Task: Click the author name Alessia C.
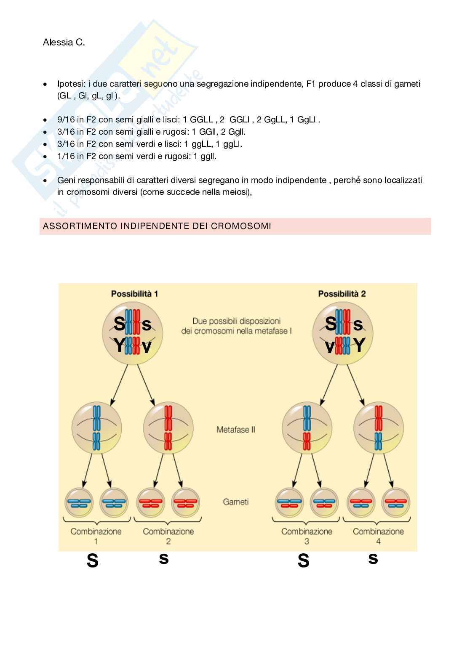tap(64, 42)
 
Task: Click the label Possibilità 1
tap(134, 294)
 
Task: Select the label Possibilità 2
tap(342, 294)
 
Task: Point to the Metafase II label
tap(235, 430)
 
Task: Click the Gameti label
tap(235, 502)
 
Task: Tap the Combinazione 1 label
tap(96, 536)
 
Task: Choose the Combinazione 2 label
tap(168, 536)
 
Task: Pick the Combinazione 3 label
tap(307, 536)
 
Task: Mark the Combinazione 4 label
tap(378, 536)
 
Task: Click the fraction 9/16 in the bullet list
tap(66, 120)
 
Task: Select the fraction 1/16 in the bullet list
tap(66, 156)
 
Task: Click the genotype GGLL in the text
tap(201, 120)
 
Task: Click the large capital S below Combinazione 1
tap(92, 561)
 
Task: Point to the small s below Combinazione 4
tap(373, 558)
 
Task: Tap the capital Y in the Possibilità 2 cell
tap(359, 345)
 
